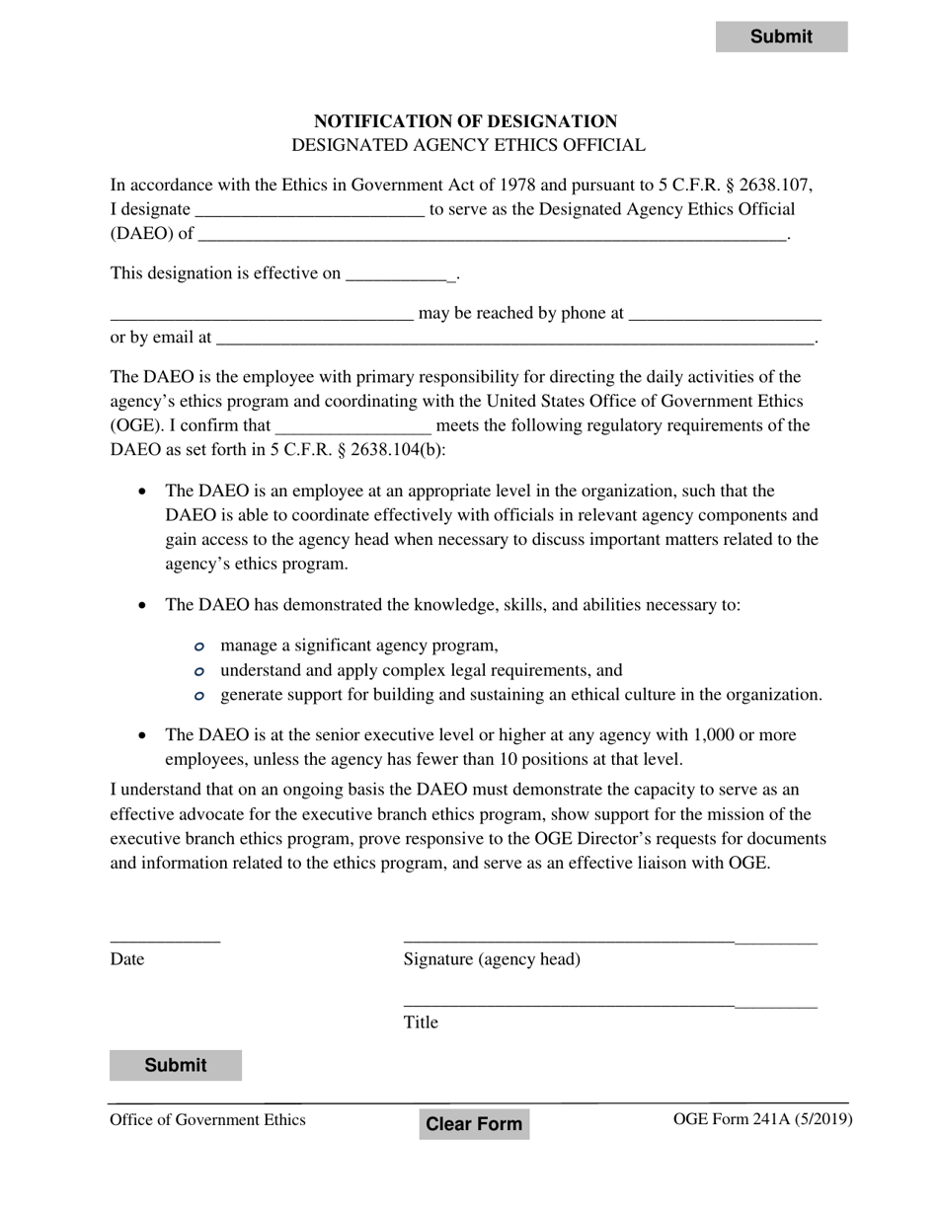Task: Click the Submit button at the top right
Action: click(x=781, y=37)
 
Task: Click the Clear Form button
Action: click(x=474, y=1123)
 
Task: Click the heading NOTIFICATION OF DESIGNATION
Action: click(x=465, y=121)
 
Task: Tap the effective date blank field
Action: click(x=400, y=273)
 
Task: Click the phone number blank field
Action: click(x=724, y=313)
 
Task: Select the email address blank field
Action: click(x=514, y=338)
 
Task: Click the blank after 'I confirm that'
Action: click(x=353, y=426)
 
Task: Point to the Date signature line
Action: click(x=165, y=938)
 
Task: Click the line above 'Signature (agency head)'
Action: click(x=609, y=938)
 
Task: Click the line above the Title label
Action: click(x=609, y=1002)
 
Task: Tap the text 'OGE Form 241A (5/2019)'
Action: click(x=762, y=1119)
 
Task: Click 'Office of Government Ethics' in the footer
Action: click(x=207, y=1119)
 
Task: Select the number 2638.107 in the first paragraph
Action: click(x=776, y=185)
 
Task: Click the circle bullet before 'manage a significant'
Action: click(x=199, y=646)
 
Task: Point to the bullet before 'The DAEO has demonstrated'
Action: click(x=144, y=605)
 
